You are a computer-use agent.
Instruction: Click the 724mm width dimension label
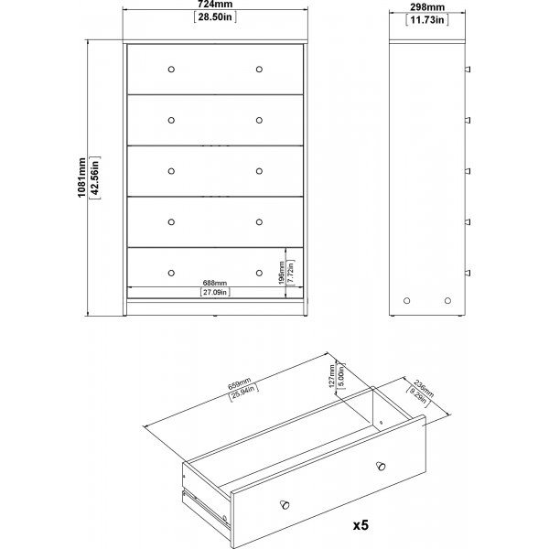click(215, 5)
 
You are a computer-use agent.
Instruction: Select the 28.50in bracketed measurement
click(215, 16)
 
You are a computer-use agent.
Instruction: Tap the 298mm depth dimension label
click(427, 7)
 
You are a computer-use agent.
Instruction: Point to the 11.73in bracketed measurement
click(427, 19)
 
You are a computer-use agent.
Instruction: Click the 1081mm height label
click(81, 178)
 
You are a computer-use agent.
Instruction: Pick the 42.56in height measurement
click(95, 178)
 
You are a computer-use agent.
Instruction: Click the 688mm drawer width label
click(215, 283)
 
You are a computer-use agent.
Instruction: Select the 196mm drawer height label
click(282, 273)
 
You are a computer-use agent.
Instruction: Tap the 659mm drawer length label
click(240, 384)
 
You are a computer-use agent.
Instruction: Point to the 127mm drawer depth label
click(332, 376)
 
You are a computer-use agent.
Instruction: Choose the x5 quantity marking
click(361, 525)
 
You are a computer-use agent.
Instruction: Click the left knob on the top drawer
click(171, 70)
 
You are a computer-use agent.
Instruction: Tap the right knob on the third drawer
click(259, 171)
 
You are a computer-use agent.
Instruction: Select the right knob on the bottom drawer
click(259, 273)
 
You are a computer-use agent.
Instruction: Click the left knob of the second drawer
click(171, 121)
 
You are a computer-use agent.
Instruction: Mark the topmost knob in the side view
click(468, 70)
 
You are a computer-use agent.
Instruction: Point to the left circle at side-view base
click(407, 300)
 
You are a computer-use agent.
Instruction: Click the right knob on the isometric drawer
click(381, 466)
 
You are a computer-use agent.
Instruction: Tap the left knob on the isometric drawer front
click(285, 504)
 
